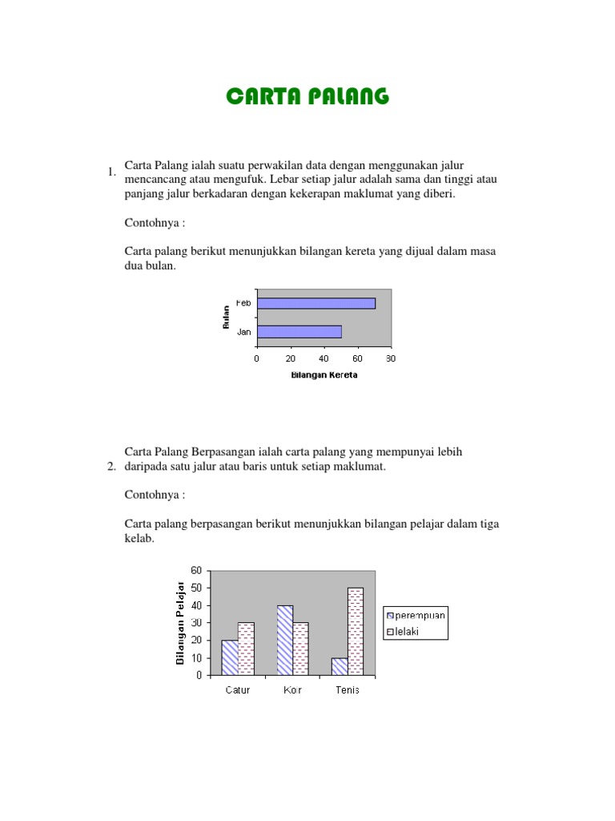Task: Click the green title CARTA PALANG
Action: point(307,97)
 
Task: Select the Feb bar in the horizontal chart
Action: point(316,303)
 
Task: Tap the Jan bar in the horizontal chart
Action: point(299,331)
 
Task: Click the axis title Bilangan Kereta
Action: point(324,374)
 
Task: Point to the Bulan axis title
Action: point(227,317)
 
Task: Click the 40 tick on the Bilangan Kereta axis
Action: point(324,358)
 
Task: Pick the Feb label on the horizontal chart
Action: point(243,303)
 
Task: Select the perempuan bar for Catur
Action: point(230,657)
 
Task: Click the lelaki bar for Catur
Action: point(246,649)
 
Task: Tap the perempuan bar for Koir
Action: point(285,640)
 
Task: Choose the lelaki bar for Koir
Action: point(300,649)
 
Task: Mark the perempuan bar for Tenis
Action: point(340,666)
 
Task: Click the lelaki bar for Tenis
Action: point(355,631)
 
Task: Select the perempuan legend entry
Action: point(416,615)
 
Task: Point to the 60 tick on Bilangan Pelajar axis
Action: point(197,570)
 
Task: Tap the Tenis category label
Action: point(347,690)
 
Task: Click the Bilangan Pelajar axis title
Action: point(180,622)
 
